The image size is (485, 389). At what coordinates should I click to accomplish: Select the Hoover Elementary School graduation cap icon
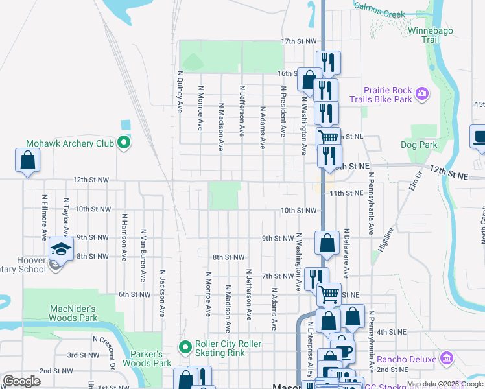tap(60, 249)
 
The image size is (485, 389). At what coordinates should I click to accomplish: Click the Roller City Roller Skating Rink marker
tap(186, 348)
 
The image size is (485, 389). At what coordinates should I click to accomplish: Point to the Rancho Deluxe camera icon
tap(445, 358)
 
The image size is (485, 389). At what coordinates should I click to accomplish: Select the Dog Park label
tap(419, 145)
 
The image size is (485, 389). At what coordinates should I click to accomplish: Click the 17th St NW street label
tap(299, 41)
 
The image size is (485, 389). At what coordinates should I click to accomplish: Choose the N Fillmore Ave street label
tap(45, 215)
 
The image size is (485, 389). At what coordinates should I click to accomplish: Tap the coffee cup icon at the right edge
tap(479, 137)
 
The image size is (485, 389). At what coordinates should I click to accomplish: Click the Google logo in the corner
tap(22, 381)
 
